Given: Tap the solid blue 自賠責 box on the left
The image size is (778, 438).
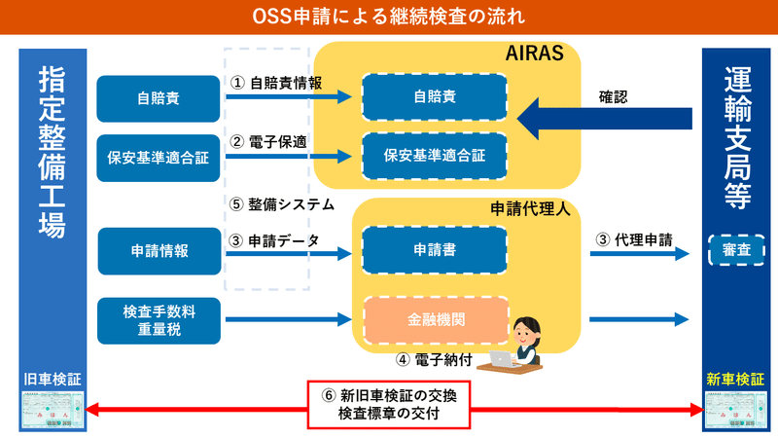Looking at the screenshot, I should coord(159,98).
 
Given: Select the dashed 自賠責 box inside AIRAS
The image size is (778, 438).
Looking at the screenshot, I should coord(434,98).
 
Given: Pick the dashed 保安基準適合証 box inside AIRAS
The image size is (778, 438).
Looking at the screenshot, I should coord(434,154).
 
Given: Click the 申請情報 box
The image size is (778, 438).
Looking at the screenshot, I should coord(159,251).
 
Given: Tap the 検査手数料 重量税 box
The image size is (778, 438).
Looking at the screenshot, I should coord(159,320).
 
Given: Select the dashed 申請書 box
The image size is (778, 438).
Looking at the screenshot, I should coord(434,250).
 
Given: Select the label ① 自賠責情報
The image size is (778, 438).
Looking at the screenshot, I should coord(276,83).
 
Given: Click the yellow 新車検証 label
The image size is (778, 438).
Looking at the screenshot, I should coord(735,378).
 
